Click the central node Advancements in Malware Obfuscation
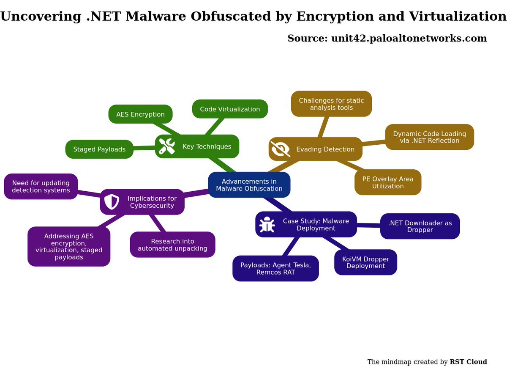tap(249, 185)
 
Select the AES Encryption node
tap(140, 114)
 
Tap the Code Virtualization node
tap(230, 109)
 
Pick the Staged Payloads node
tap(99, 149)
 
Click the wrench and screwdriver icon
tap(167, 146)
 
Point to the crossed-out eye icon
tap(280, 149)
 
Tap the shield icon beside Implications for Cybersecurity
tap(112, 201)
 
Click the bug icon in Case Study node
tap(267, 225)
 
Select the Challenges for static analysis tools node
tap(331, 104)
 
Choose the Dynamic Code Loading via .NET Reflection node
tap(429, 137)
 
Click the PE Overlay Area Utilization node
tap(388, 182)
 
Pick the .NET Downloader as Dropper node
tap(420, 226)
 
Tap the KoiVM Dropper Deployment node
tap(365, 262)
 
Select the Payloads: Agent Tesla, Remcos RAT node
tap(275, 268)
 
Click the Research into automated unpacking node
tap(172, 245)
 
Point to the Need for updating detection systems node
tap(41, 187)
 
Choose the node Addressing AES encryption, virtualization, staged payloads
tap(69, 246)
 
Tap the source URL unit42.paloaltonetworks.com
tap(409, 39)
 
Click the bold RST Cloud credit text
tap(468, 362)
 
